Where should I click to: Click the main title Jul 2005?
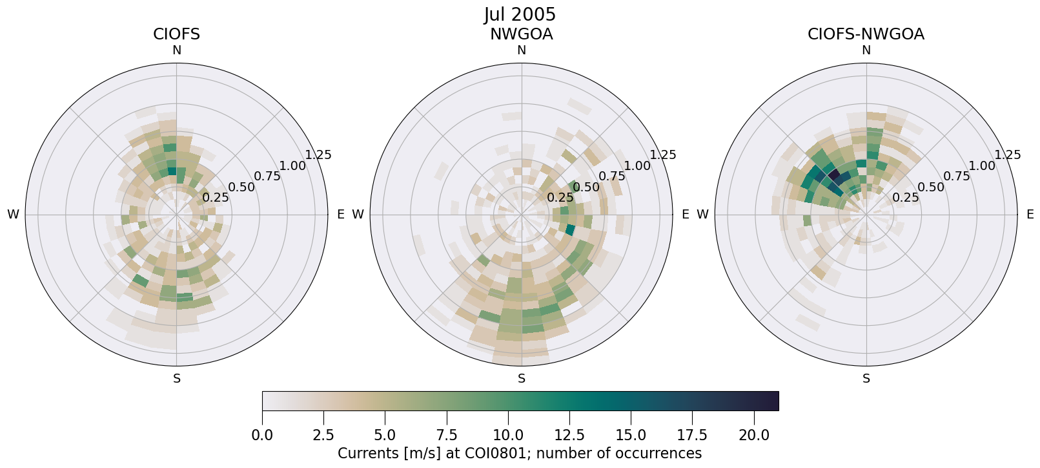[520, 14]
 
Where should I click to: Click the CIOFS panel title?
[176, 34]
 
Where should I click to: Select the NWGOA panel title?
[521, 34]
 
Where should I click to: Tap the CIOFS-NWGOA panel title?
[866, 34]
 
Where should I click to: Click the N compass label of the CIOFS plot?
[176, 50]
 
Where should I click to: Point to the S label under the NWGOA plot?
[521, 379]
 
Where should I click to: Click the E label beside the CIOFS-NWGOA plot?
[1030, 215]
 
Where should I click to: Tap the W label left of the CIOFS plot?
[13, 215]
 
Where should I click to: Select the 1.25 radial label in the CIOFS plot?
[318, 154]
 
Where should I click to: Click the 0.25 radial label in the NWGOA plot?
[560, 198]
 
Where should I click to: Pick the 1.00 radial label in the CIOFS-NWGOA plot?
[982, 166]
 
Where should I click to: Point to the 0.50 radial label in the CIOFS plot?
[241, 187]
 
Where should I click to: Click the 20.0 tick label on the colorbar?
[754, 435]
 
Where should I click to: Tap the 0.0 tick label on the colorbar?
[262, 435]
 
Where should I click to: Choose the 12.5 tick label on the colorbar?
[569, 435]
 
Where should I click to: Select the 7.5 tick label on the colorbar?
[447, 435]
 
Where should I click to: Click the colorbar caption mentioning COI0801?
[520, 453]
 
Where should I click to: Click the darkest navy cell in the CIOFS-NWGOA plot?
[833, 175]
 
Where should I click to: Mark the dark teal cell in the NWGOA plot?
[570, 229]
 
